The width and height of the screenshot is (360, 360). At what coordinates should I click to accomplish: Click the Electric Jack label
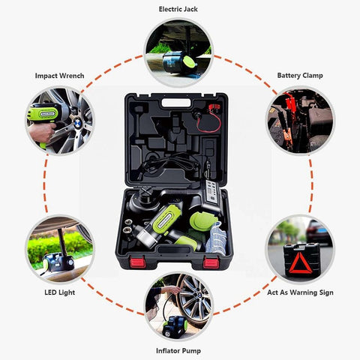[178, 9]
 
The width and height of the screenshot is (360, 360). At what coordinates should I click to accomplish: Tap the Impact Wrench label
[59, 76]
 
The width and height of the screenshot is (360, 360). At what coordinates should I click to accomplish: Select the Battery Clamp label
[300, 76]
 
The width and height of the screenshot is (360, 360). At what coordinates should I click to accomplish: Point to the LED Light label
[60, 292]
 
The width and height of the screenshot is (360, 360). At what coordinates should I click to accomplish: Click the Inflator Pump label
[178, 351]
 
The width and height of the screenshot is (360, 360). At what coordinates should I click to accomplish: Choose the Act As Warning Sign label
[300, 292]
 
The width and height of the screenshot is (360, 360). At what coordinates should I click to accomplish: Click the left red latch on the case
[137, 262]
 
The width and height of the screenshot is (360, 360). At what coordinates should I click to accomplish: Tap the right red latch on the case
[211, 262]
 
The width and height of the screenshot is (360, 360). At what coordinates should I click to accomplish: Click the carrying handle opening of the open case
[176, 103]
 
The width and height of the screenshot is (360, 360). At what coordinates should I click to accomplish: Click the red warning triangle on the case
[301, 263]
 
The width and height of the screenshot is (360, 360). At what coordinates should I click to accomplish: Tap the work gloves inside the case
[216, 238]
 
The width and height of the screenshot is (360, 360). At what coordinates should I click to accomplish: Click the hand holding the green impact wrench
[43, 133]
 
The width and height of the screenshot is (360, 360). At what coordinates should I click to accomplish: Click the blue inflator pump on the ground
[175, 326]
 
